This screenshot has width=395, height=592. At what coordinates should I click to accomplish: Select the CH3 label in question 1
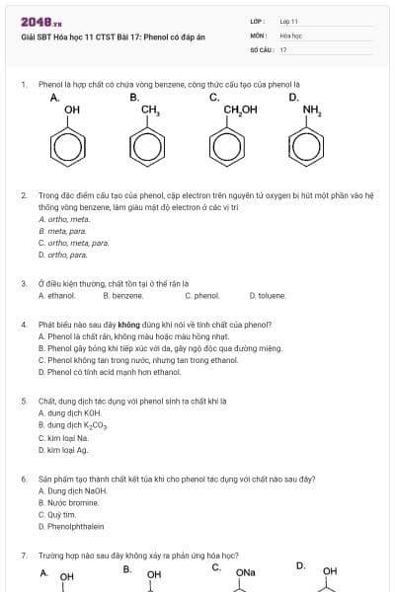tap(151, 111)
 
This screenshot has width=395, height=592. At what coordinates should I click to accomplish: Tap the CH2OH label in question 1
tap(240, 111)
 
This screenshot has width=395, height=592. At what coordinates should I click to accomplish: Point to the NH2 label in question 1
tap(312, 111)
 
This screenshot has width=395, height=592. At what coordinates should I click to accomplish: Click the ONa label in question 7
tap(245, 572)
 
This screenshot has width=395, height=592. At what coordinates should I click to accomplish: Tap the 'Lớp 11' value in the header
tap(289, 20)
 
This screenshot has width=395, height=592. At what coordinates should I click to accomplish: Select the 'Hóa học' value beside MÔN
tap(290, 34)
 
